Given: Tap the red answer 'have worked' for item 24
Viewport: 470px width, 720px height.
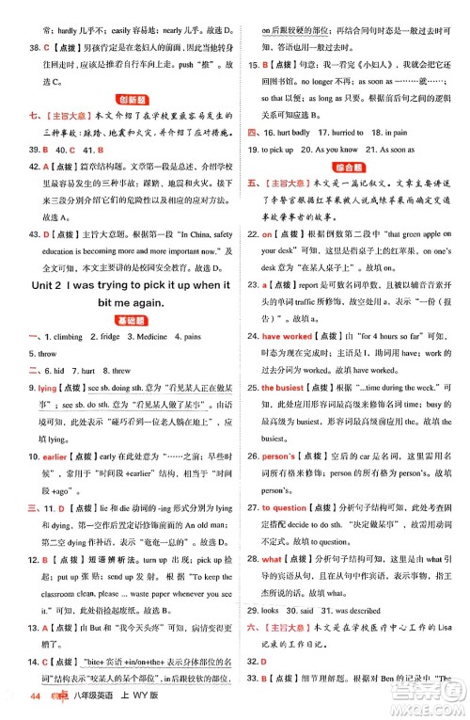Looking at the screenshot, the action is [x=286, y=336].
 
